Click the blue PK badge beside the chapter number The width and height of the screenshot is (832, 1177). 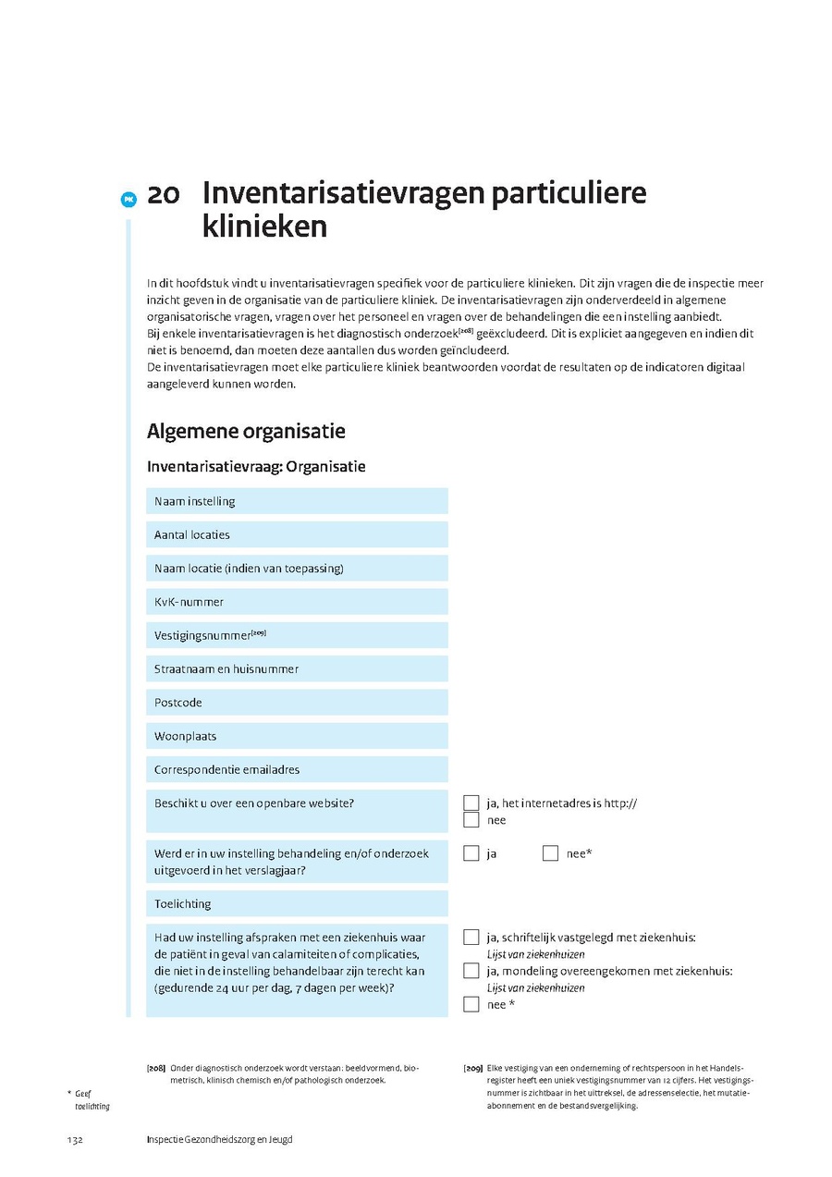point(128,198)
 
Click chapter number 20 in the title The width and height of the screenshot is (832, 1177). point(163,195)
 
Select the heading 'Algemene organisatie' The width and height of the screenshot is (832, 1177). point(246,432)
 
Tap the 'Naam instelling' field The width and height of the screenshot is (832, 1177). point(296,501)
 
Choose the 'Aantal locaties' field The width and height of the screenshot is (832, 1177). point(296,534)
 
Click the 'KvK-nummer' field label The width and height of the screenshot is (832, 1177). point(190,602)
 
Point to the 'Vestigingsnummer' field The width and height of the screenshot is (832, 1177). point(296,635)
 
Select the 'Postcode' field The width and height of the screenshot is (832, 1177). point(296,703)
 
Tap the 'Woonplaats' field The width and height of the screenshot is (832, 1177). point(296,736)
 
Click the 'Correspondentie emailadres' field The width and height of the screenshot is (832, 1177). point(296,769)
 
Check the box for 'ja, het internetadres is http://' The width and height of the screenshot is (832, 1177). point(471,803)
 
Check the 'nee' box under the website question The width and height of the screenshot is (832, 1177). point(471,820)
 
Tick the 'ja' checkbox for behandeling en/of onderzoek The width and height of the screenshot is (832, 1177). point(471,853)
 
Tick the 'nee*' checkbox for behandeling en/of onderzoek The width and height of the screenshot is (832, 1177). point(551,853)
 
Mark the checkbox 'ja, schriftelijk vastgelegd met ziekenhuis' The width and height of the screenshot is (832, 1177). point(471,937)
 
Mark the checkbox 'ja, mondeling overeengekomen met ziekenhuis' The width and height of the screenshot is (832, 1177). point(471,971)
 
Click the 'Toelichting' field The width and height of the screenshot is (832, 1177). point(296,903)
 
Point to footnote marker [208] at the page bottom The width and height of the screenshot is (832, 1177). point(156,1068)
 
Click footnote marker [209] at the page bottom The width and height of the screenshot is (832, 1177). point(472,1068)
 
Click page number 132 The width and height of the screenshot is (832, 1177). point(75,1140)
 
